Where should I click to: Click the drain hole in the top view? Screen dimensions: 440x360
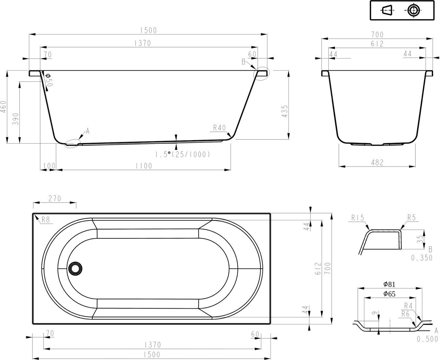(x=75, y=269)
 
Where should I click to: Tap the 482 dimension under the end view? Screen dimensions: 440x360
(x=377, y=162)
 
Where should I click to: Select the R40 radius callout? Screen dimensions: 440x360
(x=219, y=128)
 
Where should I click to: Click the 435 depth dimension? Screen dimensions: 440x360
(x=284, y=111)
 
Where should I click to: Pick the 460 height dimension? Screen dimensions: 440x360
(x=4, y=107)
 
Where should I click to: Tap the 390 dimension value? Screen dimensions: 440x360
(x=16, y=119)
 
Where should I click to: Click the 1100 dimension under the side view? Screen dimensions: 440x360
(x=144, y=166)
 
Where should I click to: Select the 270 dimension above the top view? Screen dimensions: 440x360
(x=55, y=199)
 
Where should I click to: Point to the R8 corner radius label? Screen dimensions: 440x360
(x=46, y=220)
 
